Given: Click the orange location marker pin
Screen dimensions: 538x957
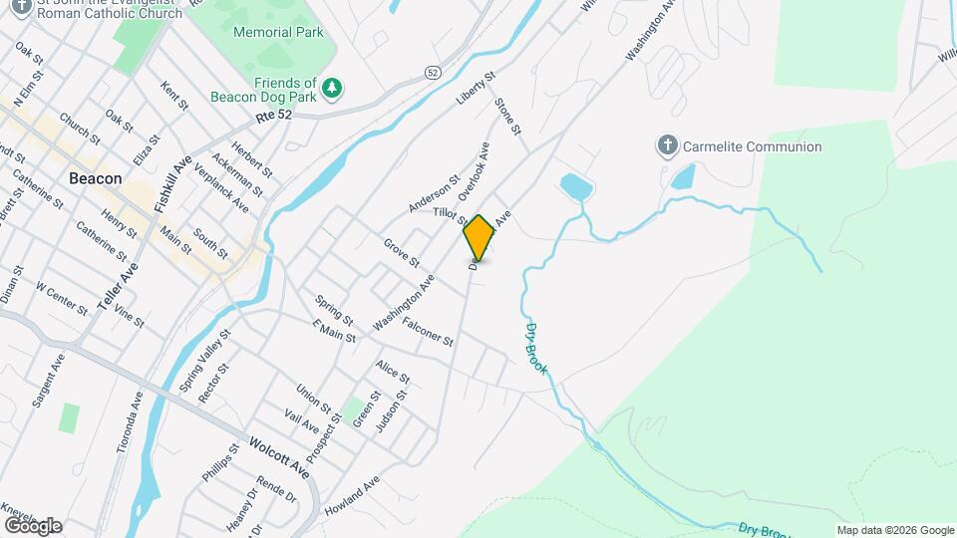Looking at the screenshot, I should [x=478, y=237].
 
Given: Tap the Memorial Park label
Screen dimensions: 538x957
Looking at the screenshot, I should [x=278, y=32].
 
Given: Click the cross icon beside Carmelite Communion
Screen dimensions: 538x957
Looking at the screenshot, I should [x=667, y=146].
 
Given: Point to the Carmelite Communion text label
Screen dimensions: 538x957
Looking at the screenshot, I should [x=752, y=146].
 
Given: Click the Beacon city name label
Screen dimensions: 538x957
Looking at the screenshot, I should [x=96, y=178].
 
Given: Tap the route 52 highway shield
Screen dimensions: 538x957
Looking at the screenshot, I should [x=432, y=73].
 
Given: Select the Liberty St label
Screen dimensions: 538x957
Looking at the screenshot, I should [x=476, y=89].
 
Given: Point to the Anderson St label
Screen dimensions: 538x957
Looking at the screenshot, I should [x=434, y=192].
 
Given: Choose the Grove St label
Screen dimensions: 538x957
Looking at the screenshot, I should [x=401, y=252].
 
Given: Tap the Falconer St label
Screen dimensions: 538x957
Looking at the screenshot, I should [x=429, y=332].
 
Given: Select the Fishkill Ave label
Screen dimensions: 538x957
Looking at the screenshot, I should [x=180, y=178].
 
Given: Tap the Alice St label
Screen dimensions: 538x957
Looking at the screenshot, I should [x=393, y=372].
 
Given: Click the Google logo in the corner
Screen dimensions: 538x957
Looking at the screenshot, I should [x=32, y=525].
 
